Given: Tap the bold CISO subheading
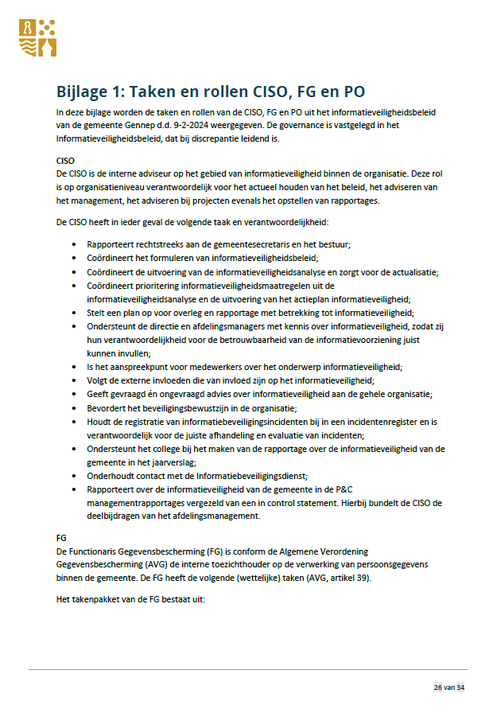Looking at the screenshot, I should (66, 161).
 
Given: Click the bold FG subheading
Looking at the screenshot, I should (62, 539).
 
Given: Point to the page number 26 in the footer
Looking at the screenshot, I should (438, 687).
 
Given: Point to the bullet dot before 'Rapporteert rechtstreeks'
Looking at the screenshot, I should (74, 244).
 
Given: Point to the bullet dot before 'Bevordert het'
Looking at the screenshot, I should (74, 407).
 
